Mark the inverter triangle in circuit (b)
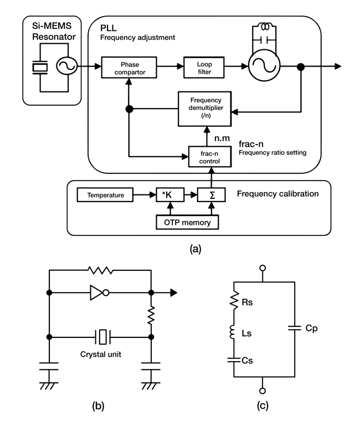tap(98, 292)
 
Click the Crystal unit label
tap(100, 352)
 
